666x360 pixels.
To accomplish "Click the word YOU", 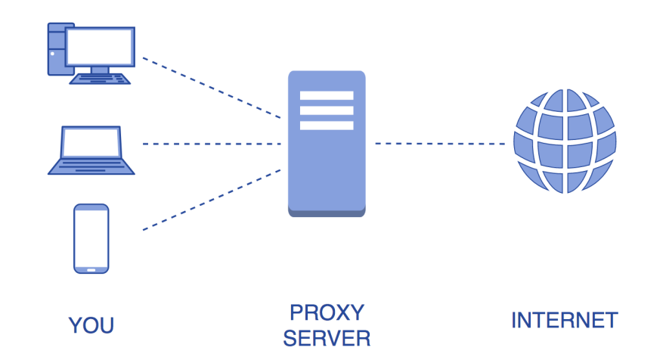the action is coord(91,325).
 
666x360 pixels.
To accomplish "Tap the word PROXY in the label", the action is coord(327,312).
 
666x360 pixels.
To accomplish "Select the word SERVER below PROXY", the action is coord(327,338).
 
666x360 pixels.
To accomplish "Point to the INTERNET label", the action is coord(565,320).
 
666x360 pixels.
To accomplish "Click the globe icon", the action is coord(565,141).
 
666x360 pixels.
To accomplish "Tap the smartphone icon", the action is coord(91,238).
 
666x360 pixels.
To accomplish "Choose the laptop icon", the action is coord(91,150).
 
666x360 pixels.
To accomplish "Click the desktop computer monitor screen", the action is coord(101,47).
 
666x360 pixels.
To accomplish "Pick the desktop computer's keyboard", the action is coord(100,79).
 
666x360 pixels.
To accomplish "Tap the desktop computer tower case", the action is coord(57,49).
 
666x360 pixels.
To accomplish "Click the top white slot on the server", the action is coord(327,95).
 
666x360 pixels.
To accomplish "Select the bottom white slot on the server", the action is coord(327,126).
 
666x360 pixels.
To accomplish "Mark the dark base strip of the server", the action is coord(327,213).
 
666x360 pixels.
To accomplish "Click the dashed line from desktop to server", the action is coord(212,88).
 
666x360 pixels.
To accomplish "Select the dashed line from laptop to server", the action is coord(212,144).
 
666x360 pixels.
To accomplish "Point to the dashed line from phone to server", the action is coord(212,200).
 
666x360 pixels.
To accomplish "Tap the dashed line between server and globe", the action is coord(440,144).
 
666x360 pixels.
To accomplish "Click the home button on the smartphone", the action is coord(91,270).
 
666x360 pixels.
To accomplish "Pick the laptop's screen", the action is coord(91,142).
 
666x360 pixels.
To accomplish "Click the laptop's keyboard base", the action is coord(91,166).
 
